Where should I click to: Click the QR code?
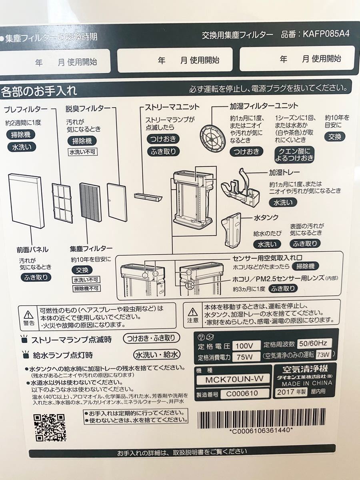tap(49, 427)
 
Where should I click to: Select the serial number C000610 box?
tap(239, 394)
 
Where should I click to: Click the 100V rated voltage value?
tap(245, 345)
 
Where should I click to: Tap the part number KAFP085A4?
tap(326, 34)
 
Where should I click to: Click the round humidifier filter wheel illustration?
tap(213, 132)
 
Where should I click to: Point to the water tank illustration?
tap(232, 230)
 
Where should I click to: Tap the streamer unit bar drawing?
tap(148, 197)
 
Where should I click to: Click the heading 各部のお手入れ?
tap(39, 90)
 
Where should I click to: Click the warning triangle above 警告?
tap(28, 314)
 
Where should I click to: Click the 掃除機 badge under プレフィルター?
tap(21, 135)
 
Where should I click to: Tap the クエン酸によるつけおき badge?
tap(294, 154)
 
